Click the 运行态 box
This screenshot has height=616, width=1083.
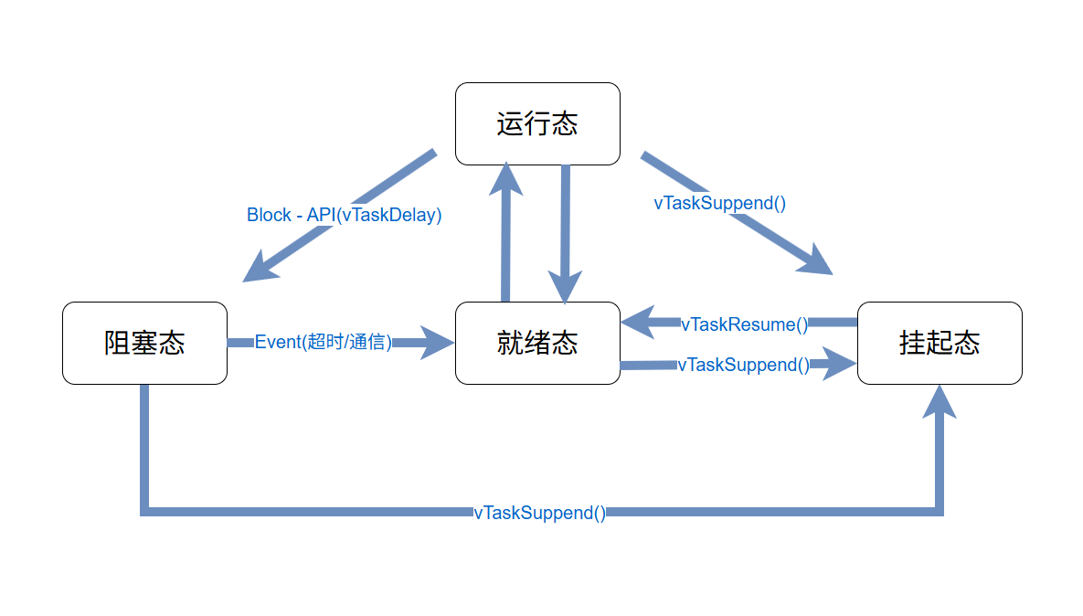pos(537,123)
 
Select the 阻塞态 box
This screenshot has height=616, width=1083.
pos(144,343)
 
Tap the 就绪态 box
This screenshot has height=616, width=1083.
pos(537,343)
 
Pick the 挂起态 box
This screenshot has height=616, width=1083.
pos(940,343)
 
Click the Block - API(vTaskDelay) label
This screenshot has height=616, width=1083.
pos(344,215)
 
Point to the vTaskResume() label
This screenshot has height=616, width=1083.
pos(744,324)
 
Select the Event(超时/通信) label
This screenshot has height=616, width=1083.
pos(323,342)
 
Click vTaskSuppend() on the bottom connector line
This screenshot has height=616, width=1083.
pos(539,513)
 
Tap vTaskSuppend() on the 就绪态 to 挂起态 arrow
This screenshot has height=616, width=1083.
pos(743,365)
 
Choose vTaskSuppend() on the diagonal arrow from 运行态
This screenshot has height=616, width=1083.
pos(719,203)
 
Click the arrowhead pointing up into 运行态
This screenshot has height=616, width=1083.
pos(505,178)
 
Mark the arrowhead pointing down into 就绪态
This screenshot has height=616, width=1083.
pos(565,288)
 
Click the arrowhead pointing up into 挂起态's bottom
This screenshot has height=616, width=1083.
pos(939,402)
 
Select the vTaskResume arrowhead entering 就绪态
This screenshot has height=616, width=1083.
pos(638,322)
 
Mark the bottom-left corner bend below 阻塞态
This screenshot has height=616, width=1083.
pos(144,511)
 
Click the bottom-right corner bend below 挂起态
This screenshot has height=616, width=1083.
pos(939,511)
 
